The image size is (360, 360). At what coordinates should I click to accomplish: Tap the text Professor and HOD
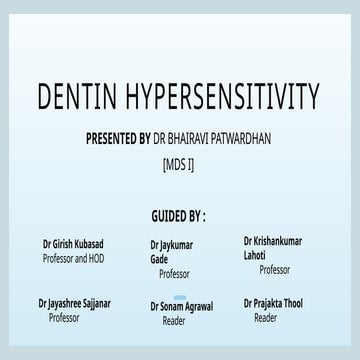pyautogui.click(x=73, y=258)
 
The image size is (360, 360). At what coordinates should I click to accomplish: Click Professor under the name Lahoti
pyautogui.click(x=274, y=269)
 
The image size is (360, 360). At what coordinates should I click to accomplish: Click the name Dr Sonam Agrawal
pyautogui.click(x=181, y=304)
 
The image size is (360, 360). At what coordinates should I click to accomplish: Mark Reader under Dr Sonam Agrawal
pyautogui.click(x=173, y=321)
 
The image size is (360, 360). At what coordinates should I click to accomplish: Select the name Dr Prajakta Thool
pyautogui.click(x=272, y=302)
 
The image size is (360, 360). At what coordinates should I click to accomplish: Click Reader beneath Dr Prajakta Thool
pyautogui.click(x=265, y=317)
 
